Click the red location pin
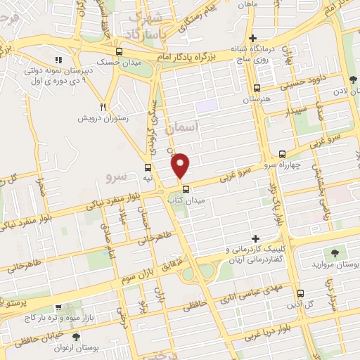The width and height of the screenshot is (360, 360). (181, 166)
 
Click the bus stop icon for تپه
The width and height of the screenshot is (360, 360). (148, 167)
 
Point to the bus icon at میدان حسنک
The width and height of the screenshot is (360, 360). (118, 52)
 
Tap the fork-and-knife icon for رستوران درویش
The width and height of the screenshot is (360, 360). (103, 106)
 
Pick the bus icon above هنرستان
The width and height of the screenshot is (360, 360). (257, 89)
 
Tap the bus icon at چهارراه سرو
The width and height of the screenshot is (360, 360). (283, 154)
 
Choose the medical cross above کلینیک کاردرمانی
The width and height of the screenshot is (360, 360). (256, 239)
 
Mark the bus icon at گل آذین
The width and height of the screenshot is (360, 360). (300, 293)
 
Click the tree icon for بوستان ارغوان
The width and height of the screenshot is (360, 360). (76, 337)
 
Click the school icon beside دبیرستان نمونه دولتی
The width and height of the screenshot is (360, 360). (58, 60)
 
